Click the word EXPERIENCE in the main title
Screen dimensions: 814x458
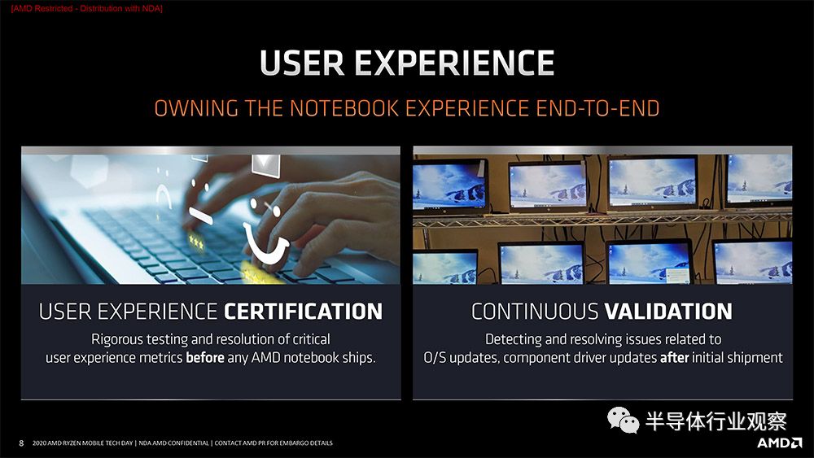454,63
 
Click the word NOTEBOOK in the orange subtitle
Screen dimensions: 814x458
344,108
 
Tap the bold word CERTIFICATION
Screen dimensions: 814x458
303,312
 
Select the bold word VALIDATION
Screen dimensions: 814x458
668,312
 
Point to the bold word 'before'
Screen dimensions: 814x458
205,357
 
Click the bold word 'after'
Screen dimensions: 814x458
674,357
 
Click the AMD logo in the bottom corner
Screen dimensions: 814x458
780,443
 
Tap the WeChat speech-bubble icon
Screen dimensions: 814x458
623,420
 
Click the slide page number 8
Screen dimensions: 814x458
21,443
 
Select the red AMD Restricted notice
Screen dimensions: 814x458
87,9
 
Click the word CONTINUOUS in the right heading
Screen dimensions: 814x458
535,312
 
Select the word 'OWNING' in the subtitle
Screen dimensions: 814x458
196,108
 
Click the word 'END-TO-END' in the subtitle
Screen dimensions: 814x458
597,108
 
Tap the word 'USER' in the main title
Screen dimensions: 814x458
302,63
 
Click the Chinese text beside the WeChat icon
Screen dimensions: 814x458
716,421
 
